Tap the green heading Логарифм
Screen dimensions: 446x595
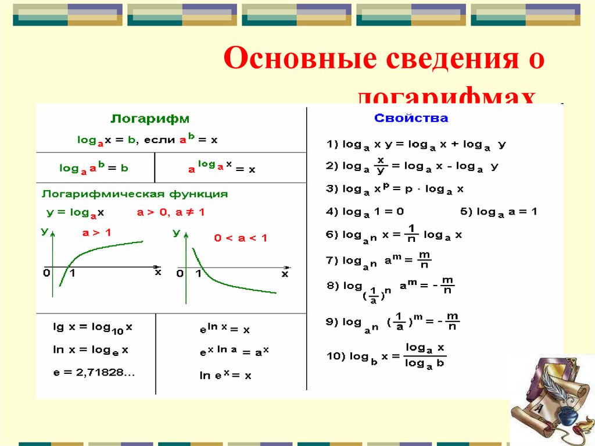click(x=150, y=119)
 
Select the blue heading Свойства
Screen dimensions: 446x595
click(x=411, y=119)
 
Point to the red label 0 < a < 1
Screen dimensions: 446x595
click(x=240, y=238)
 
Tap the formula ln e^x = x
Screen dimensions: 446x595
click(x=225, y=375)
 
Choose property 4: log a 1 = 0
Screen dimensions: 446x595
click(x=364, y=212)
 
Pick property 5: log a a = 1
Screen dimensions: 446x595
click(x=499, y=212)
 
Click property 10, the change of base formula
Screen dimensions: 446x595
click(x=385, y=356)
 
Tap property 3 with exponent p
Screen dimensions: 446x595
click(x=395, y=189)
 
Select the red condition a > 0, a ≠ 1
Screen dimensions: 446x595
click(x=171, y=213)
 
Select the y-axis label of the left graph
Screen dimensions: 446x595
click(x=45, y=232)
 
